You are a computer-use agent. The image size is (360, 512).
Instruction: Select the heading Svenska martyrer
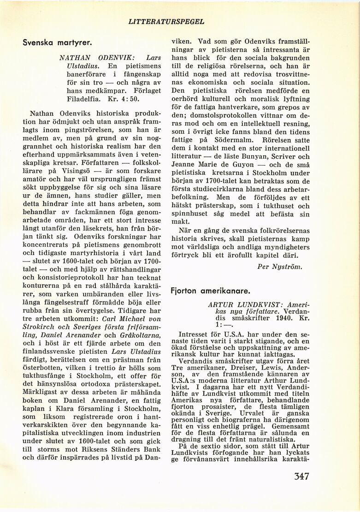pyautogui.click(x=58, y=42)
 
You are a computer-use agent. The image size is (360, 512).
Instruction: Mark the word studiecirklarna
pyautogui.click(x=222, y=190)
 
